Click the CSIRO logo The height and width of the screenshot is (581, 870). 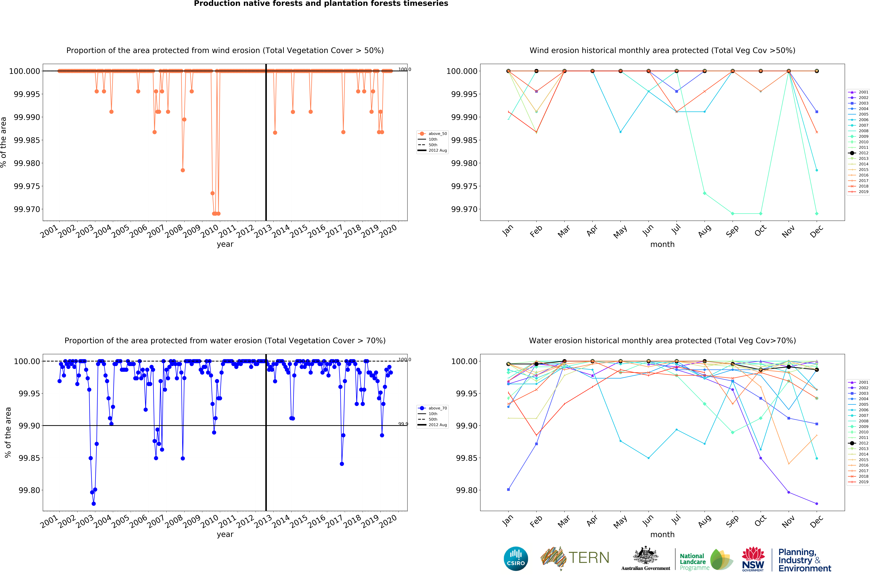516,559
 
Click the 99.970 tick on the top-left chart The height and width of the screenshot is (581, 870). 27,209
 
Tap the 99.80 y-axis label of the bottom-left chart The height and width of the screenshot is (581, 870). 29,490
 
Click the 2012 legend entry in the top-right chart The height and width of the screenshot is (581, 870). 859,153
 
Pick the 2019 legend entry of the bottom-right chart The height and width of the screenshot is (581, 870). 859,482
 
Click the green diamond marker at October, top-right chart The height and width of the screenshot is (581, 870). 761,214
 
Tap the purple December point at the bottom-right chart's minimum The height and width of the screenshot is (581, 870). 817,504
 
